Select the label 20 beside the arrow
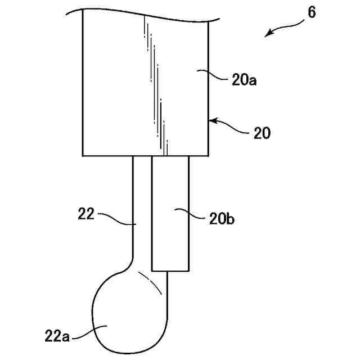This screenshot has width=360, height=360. tap(261, 133)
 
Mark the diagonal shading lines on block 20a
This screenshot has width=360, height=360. tap(156, 84)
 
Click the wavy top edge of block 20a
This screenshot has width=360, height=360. tap(146, 15)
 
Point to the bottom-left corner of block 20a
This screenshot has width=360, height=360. tap(83, 155)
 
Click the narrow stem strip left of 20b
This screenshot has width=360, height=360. tap(142, 208)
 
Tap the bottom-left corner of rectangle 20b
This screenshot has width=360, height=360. tap(152, 268)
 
